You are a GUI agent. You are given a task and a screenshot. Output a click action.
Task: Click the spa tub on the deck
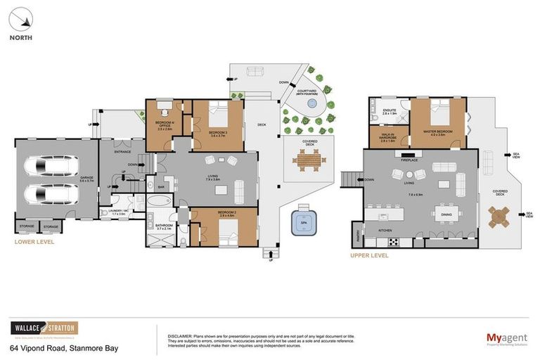click(x=302, y=219)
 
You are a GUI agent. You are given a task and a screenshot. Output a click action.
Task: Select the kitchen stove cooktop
click(x=393, y=243)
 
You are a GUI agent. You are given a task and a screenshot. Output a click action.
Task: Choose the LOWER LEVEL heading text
click(x=34, y=242)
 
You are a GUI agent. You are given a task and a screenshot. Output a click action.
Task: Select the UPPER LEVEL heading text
click(x=369, y=255)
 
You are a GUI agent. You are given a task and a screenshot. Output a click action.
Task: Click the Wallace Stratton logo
click(x=44, y=328)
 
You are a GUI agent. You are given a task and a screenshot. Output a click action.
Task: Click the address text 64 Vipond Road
click(x=64, y=348)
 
